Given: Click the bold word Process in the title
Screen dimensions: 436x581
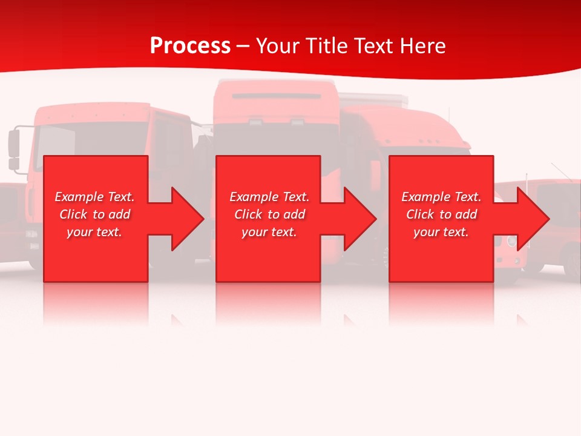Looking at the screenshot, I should point(190,45).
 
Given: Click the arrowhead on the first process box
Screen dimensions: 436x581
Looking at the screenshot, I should point(187,219).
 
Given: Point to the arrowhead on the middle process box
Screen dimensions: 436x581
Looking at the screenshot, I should point(359,219).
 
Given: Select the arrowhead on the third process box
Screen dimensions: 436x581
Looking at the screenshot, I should point(533,219).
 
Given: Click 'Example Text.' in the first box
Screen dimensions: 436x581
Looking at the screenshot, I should point(95,197).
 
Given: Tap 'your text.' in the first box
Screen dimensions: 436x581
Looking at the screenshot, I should point(94,232).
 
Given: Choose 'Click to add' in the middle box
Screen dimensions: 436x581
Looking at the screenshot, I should point(269,214).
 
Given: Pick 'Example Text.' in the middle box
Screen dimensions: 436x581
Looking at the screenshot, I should point(269,197).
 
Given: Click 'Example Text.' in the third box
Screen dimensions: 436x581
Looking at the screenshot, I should point(441,197).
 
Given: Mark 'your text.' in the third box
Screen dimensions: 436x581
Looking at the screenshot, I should point(441,232).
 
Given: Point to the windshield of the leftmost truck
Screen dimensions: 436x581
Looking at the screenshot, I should point(91,139).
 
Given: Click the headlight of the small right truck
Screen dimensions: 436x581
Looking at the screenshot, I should point(511,241).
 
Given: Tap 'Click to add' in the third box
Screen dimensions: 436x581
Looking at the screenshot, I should point(441,214).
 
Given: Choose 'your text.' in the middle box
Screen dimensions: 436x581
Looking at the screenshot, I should point(269,232).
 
